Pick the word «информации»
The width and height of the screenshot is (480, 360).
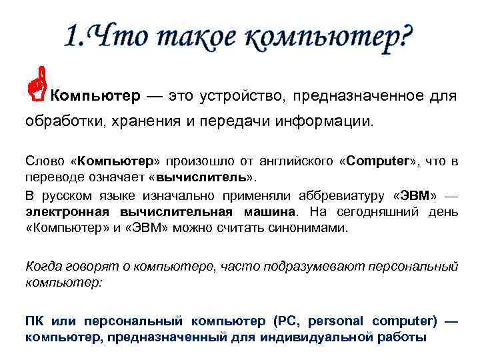coord(333,123)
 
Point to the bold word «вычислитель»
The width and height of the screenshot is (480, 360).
coord(203,178)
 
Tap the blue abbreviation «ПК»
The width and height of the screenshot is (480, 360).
coord(35,321)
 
